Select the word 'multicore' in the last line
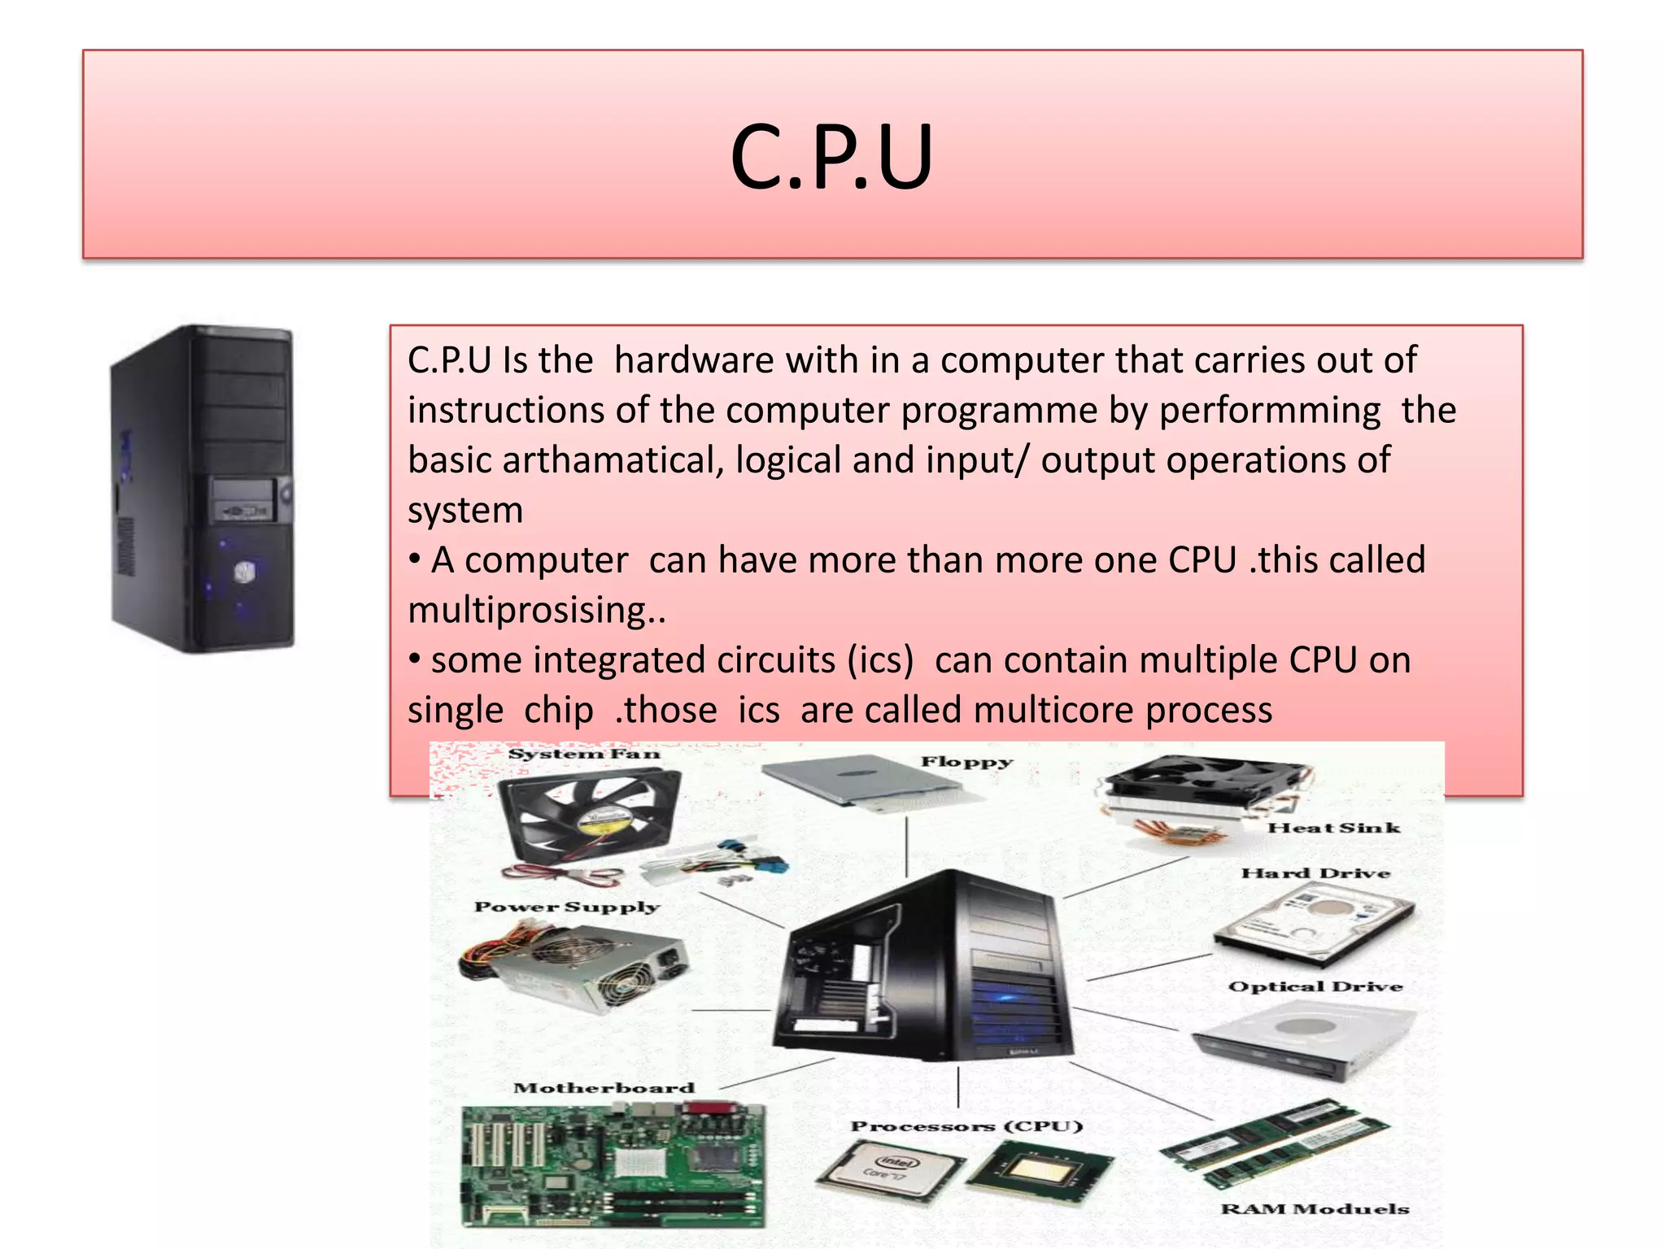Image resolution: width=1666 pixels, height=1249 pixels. [1054, 711]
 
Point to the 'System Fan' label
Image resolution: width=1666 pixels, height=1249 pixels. [583, 755]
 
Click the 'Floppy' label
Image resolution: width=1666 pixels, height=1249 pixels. [966, 762]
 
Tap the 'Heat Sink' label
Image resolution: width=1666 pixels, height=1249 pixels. [1333, 828]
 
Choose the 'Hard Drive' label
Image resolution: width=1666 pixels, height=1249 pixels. [1315, 873]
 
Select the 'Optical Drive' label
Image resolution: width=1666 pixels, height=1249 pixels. [1315, 986]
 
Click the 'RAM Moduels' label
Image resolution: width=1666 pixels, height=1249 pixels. [1314, 1209]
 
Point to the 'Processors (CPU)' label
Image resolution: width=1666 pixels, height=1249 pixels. [966, 1126]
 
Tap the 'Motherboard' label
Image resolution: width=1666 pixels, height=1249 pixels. [604, 1088]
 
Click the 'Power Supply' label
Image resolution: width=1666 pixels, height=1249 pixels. [566, 907]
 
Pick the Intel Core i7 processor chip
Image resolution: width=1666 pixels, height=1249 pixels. [889, 1169]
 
